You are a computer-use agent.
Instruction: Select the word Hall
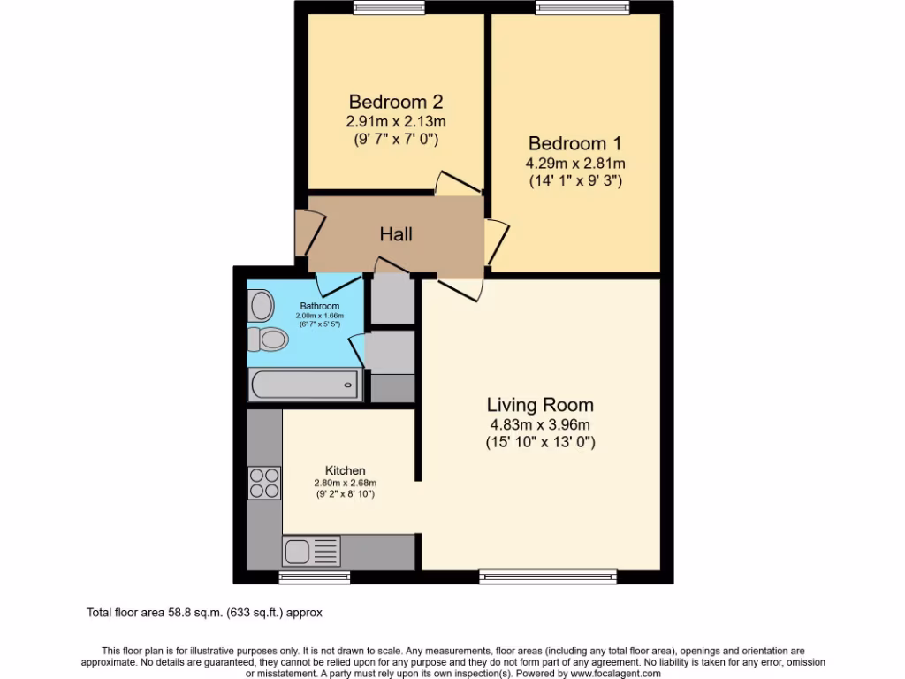point(396,234)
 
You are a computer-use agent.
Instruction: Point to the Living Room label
point(540,406)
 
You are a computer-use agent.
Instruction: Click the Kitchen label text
point(346,470)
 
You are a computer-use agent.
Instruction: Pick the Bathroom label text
point(320,306)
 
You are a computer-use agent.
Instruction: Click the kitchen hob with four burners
point(263,483)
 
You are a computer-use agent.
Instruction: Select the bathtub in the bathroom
point(303,385)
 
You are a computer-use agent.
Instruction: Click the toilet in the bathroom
point(269,339)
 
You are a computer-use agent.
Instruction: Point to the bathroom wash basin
point(261,307)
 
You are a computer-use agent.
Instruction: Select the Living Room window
point(548,577)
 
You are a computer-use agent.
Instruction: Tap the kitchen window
point(314,577)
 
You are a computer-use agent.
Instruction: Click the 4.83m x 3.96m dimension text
point(540,425)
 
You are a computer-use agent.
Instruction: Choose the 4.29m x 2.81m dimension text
point(574,164)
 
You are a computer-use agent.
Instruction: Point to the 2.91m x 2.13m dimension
point(395,121)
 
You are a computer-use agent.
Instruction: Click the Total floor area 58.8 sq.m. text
point(209,611)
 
